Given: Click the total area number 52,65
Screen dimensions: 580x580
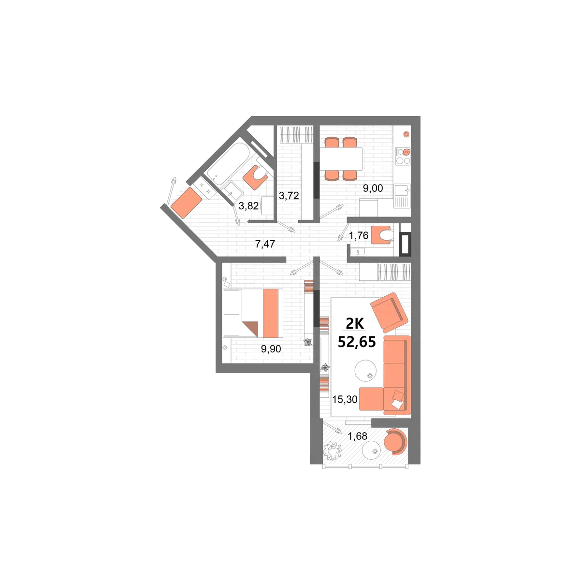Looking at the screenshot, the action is (357, 342).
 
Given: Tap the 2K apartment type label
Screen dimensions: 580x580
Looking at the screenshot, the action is (355, 323).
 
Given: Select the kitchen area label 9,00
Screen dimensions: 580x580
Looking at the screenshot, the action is (373, 188).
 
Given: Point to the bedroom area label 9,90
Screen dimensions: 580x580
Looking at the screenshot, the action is (271, 349).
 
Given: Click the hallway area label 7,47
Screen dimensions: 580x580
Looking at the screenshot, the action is (265, 244).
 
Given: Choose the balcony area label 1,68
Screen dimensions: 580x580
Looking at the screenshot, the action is (357, 436).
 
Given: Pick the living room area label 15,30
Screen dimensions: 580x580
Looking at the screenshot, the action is (345, 399).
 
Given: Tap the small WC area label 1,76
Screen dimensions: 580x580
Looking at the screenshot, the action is (359, 236).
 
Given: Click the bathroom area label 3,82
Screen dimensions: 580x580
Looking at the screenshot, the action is (248, 206).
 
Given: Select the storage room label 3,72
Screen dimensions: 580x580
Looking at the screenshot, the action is (289, 196).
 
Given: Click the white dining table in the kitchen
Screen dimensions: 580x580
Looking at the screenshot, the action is (341, 159).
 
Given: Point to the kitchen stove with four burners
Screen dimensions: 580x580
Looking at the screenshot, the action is (403, 156).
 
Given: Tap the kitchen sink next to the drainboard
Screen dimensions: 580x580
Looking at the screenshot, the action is (402, 190).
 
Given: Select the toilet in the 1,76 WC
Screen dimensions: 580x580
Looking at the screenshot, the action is (382, 235).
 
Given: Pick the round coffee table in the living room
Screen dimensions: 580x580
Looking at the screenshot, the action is (365, 371).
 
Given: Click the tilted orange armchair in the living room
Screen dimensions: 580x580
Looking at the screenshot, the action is (389, 312).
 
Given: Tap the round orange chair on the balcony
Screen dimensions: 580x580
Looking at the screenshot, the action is (395, 442).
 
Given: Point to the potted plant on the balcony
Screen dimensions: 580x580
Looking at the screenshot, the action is (332, 450).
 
